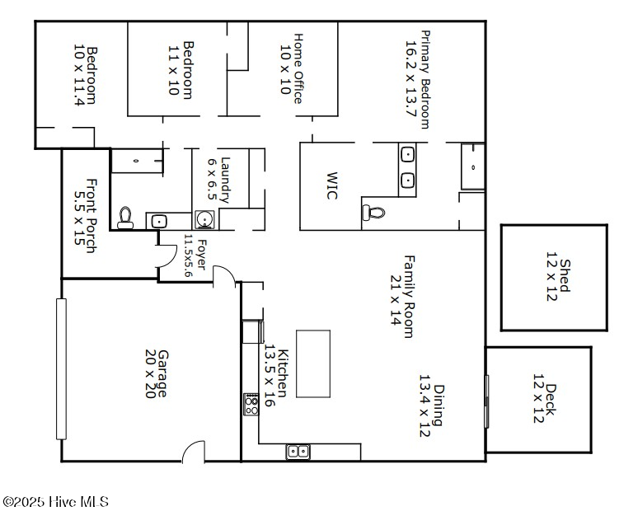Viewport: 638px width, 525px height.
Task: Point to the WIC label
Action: (x=332, y=185)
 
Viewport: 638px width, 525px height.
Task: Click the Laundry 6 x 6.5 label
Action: (x=218, y=180)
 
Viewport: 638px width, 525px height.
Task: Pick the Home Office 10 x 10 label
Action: (x=293, y=68)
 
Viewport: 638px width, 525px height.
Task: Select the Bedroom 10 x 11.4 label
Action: (x=86, y=76)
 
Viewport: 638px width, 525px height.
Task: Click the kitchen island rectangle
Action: (x=312, y=363)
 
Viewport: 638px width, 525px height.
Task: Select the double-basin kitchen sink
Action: (x=298, y=451)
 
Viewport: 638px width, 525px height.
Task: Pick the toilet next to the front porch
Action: (x=125, y=217)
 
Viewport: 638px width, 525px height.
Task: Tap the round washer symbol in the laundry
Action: (x=204, y=219)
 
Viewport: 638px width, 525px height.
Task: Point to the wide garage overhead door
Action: (x=60, y=368)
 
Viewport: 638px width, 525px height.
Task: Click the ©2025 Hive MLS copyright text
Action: (x=56, y=501)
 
